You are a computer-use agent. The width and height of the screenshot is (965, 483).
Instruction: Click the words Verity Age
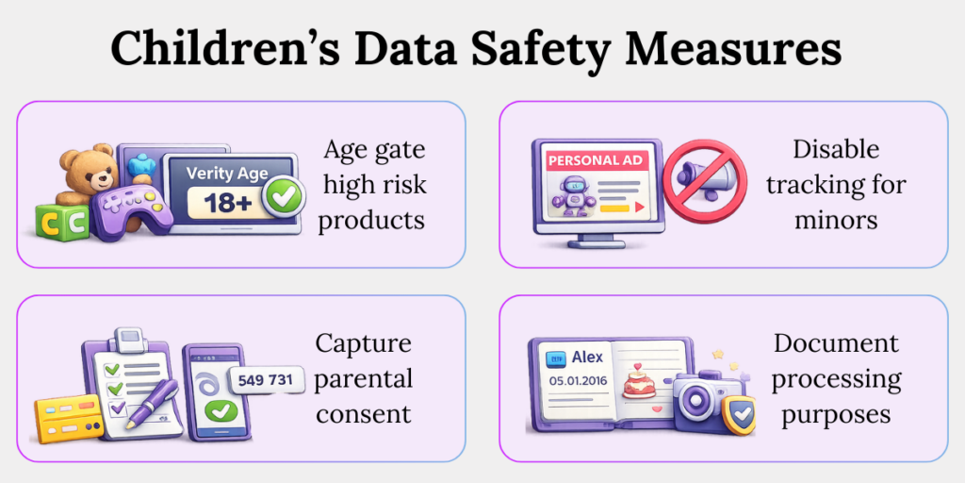pyautogui.click(x=226, y=173)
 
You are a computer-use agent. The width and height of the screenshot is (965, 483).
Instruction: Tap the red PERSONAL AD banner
pyautogui.click(x=595, y=160)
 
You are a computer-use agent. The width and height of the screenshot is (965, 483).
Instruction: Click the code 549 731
pyautogui.click(x=267, y=379)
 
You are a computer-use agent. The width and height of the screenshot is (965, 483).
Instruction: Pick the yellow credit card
pyautogui.click(x=68, y=416)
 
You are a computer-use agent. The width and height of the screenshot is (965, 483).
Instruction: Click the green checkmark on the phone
pyautogui.click(x=221, y=412)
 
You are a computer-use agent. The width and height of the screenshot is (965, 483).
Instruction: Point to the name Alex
pyautogui.click(x=587, y=358)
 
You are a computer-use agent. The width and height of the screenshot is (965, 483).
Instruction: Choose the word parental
pyautogui.click(x=364, y=378)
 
